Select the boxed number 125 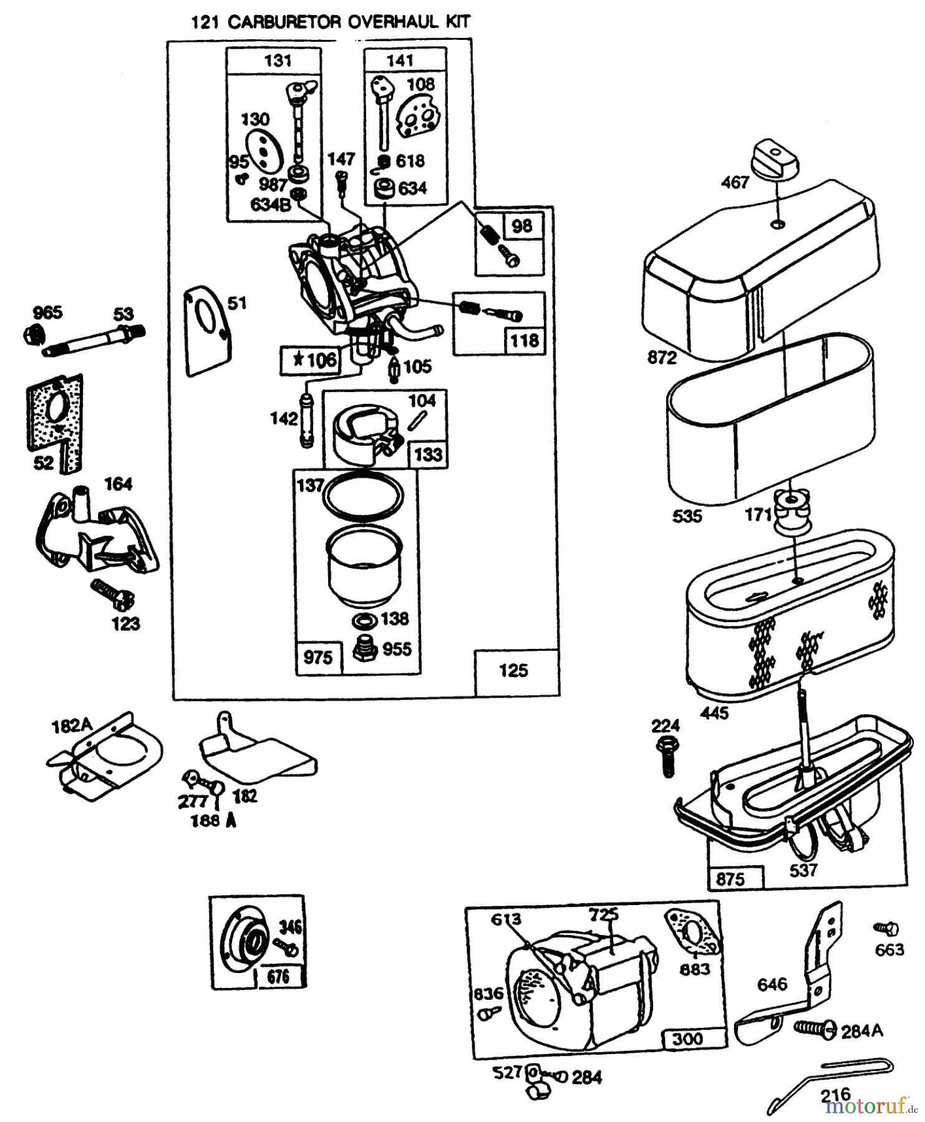[513, 671]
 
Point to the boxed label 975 [317, 657]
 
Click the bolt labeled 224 [666, 756]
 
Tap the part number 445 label [714, 712]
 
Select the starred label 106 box [311, 360]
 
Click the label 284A [862, 1032]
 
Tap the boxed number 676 [278, 976]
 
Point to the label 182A [72, 726]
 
